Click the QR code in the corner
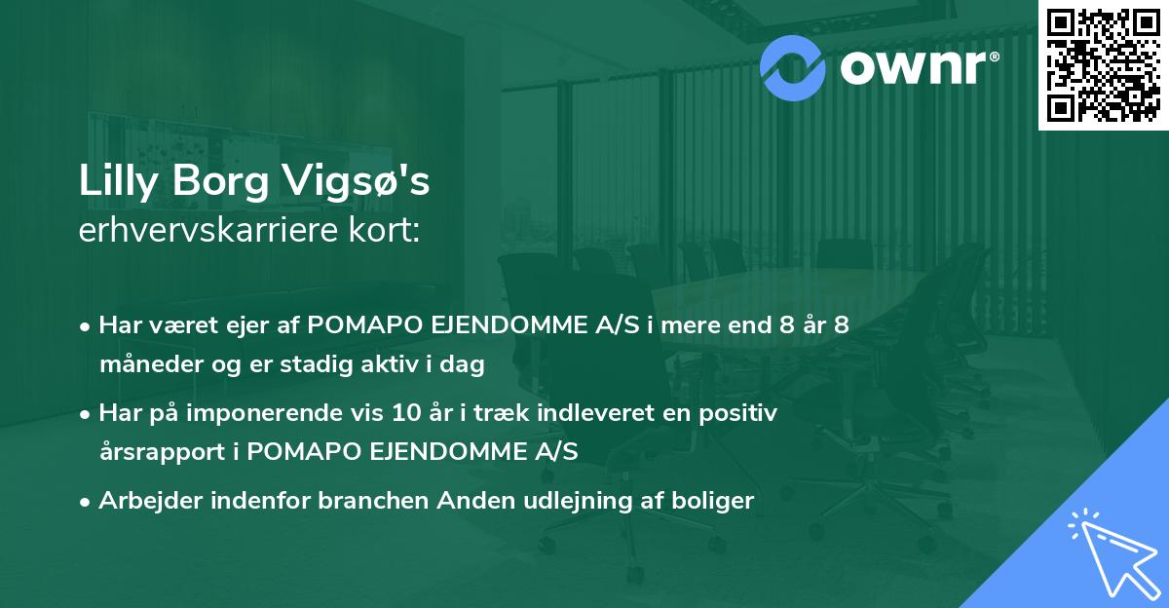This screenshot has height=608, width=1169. (1102, 64)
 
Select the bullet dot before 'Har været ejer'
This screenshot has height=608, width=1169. (87, 326)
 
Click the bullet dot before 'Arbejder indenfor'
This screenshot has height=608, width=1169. (87, 503)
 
